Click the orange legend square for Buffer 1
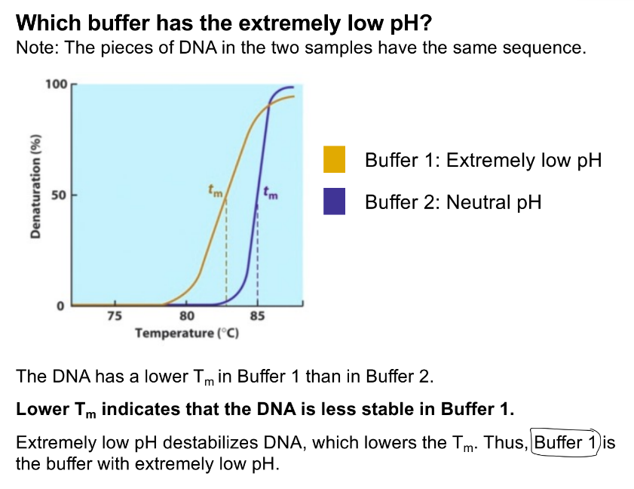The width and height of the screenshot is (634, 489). pyautogui.click(x=334, y=159)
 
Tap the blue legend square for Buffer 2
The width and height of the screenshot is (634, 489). pyautogui.click(x=334, y=201)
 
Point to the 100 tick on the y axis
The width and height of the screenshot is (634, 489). pyautogui.click(x=56, y=84)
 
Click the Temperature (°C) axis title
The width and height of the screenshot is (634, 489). pyautogui.click(x=187, y=333)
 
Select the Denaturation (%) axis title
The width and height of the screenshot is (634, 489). pyautogui.click(x=35, y=188)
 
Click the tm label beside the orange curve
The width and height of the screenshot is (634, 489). pyautogui.click(x=216, y=192)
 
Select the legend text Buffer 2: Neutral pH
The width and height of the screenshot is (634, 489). pyautogui.click(x=452, y=202)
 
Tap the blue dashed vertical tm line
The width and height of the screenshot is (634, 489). pyautogui.click(x=257, y=257)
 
